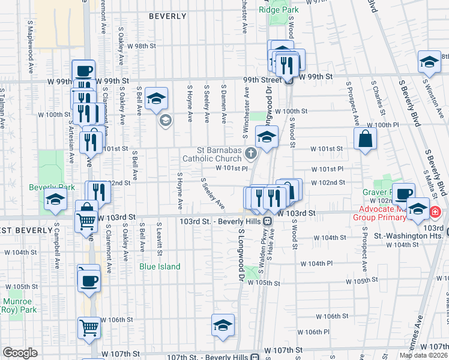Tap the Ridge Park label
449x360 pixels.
point(279,10)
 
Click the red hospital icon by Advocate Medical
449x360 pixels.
point(435,212)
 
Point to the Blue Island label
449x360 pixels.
point(160,266)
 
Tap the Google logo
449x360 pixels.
point(19,352)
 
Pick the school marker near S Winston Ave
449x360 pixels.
point(429,62)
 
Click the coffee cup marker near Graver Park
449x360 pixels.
point(405,194)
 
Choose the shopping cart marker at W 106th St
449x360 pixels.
point(89,328)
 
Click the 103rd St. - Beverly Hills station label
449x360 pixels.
point(221,221)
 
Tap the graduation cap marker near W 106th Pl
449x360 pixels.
point(223,325)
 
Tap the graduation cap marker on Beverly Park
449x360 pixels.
point(55,202)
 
